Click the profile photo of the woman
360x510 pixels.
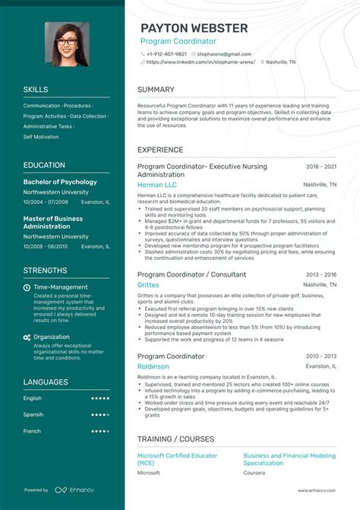point(66,44)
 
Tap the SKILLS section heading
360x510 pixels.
point(36,90)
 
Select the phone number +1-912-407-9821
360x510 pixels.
point(166,54)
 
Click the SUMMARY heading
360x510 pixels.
point(156,90)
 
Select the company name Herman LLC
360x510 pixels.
point(157,185)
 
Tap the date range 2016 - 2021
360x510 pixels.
point(321,166)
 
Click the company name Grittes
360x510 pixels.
point(148,284)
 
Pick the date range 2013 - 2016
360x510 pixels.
point(321,274)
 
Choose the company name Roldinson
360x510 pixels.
point(154,366)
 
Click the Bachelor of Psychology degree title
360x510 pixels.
point(60,182)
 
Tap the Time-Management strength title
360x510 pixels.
point(61,287)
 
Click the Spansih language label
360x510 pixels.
point(33,414)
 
